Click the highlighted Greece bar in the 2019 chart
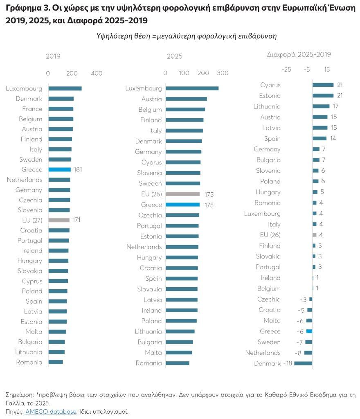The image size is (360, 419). (x=59, y=169)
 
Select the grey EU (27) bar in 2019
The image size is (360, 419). (x=59, y=220)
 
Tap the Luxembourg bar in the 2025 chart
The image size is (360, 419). (x=192, y=88)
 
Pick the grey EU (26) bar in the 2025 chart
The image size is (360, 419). (x=182, y=194)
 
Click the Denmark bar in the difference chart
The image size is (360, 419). (x=303, y=363)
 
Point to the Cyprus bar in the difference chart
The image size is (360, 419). (x=323, y=85)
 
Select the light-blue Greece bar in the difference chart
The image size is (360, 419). (x=309, y=331)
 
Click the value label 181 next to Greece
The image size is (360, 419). (x=78, y=169)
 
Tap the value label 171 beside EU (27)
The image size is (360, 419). (x=76, y=220)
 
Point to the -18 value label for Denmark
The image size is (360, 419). (x=288, y=363)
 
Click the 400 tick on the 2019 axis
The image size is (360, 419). (x=97, y=74)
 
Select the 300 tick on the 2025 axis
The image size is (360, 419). (x=223, y=73)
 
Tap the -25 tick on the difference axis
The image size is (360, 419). (x=286, y=70)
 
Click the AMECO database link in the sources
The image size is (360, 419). (x=51, y=412)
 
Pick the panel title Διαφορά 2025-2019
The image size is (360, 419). (x=299, y=54)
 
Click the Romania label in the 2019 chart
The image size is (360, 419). (x=29, y=362)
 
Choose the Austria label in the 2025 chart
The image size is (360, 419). (x=151, y=99)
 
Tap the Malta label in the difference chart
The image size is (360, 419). (x=272, y=321)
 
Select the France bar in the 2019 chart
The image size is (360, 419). (x=61, y=109)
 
